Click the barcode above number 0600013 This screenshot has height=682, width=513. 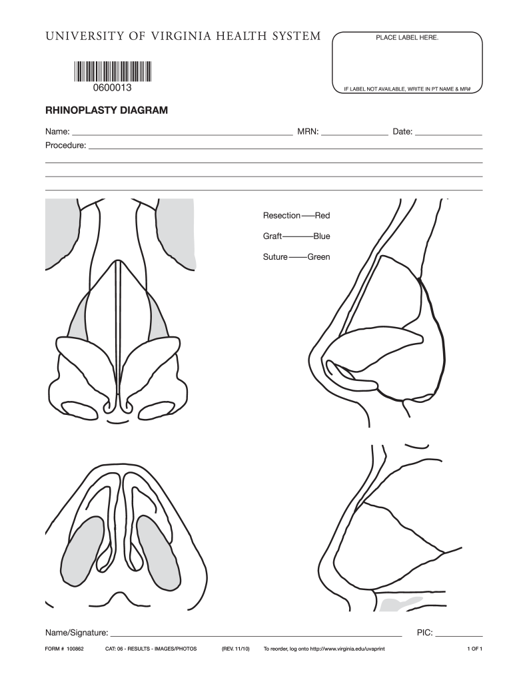(112, 71)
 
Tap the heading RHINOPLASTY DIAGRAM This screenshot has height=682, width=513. (107, 111)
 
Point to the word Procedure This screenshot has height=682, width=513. (65, 145)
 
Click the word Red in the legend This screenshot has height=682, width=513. (322, 216)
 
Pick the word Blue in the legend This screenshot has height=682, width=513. (322, 236)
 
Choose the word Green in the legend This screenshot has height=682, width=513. (318, 257)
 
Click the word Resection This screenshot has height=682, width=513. (282, 216)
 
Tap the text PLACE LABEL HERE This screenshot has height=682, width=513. (407, 39)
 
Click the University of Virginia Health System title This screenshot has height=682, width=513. (183, 36)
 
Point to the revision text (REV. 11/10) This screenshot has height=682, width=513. (235, 649)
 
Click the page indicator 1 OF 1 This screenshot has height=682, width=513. (475, 649)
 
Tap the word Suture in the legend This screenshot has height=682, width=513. (275, 257)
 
